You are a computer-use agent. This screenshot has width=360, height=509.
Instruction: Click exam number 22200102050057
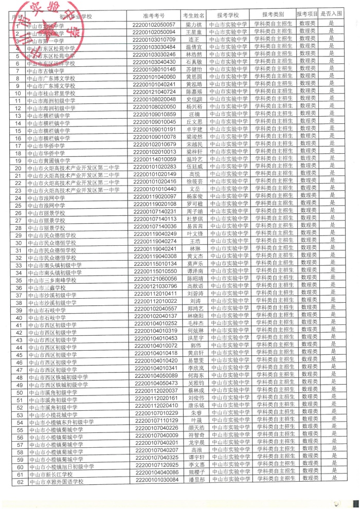[x=155, y=24]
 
